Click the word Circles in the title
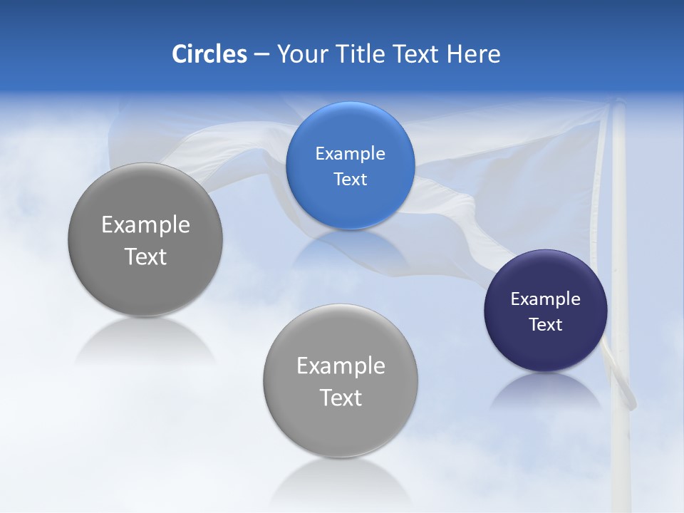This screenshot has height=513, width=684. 209,54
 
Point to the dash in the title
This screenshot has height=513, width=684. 261,55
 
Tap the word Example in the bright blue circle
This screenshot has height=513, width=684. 350,154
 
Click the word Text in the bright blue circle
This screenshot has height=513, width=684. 350,180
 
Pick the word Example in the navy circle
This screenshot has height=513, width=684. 545,299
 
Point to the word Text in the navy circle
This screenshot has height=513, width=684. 545,325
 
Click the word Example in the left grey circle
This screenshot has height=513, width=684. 145,225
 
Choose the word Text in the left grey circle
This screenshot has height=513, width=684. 145,257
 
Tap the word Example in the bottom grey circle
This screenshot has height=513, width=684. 341,366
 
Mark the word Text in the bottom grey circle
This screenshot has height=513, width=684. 341,398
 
